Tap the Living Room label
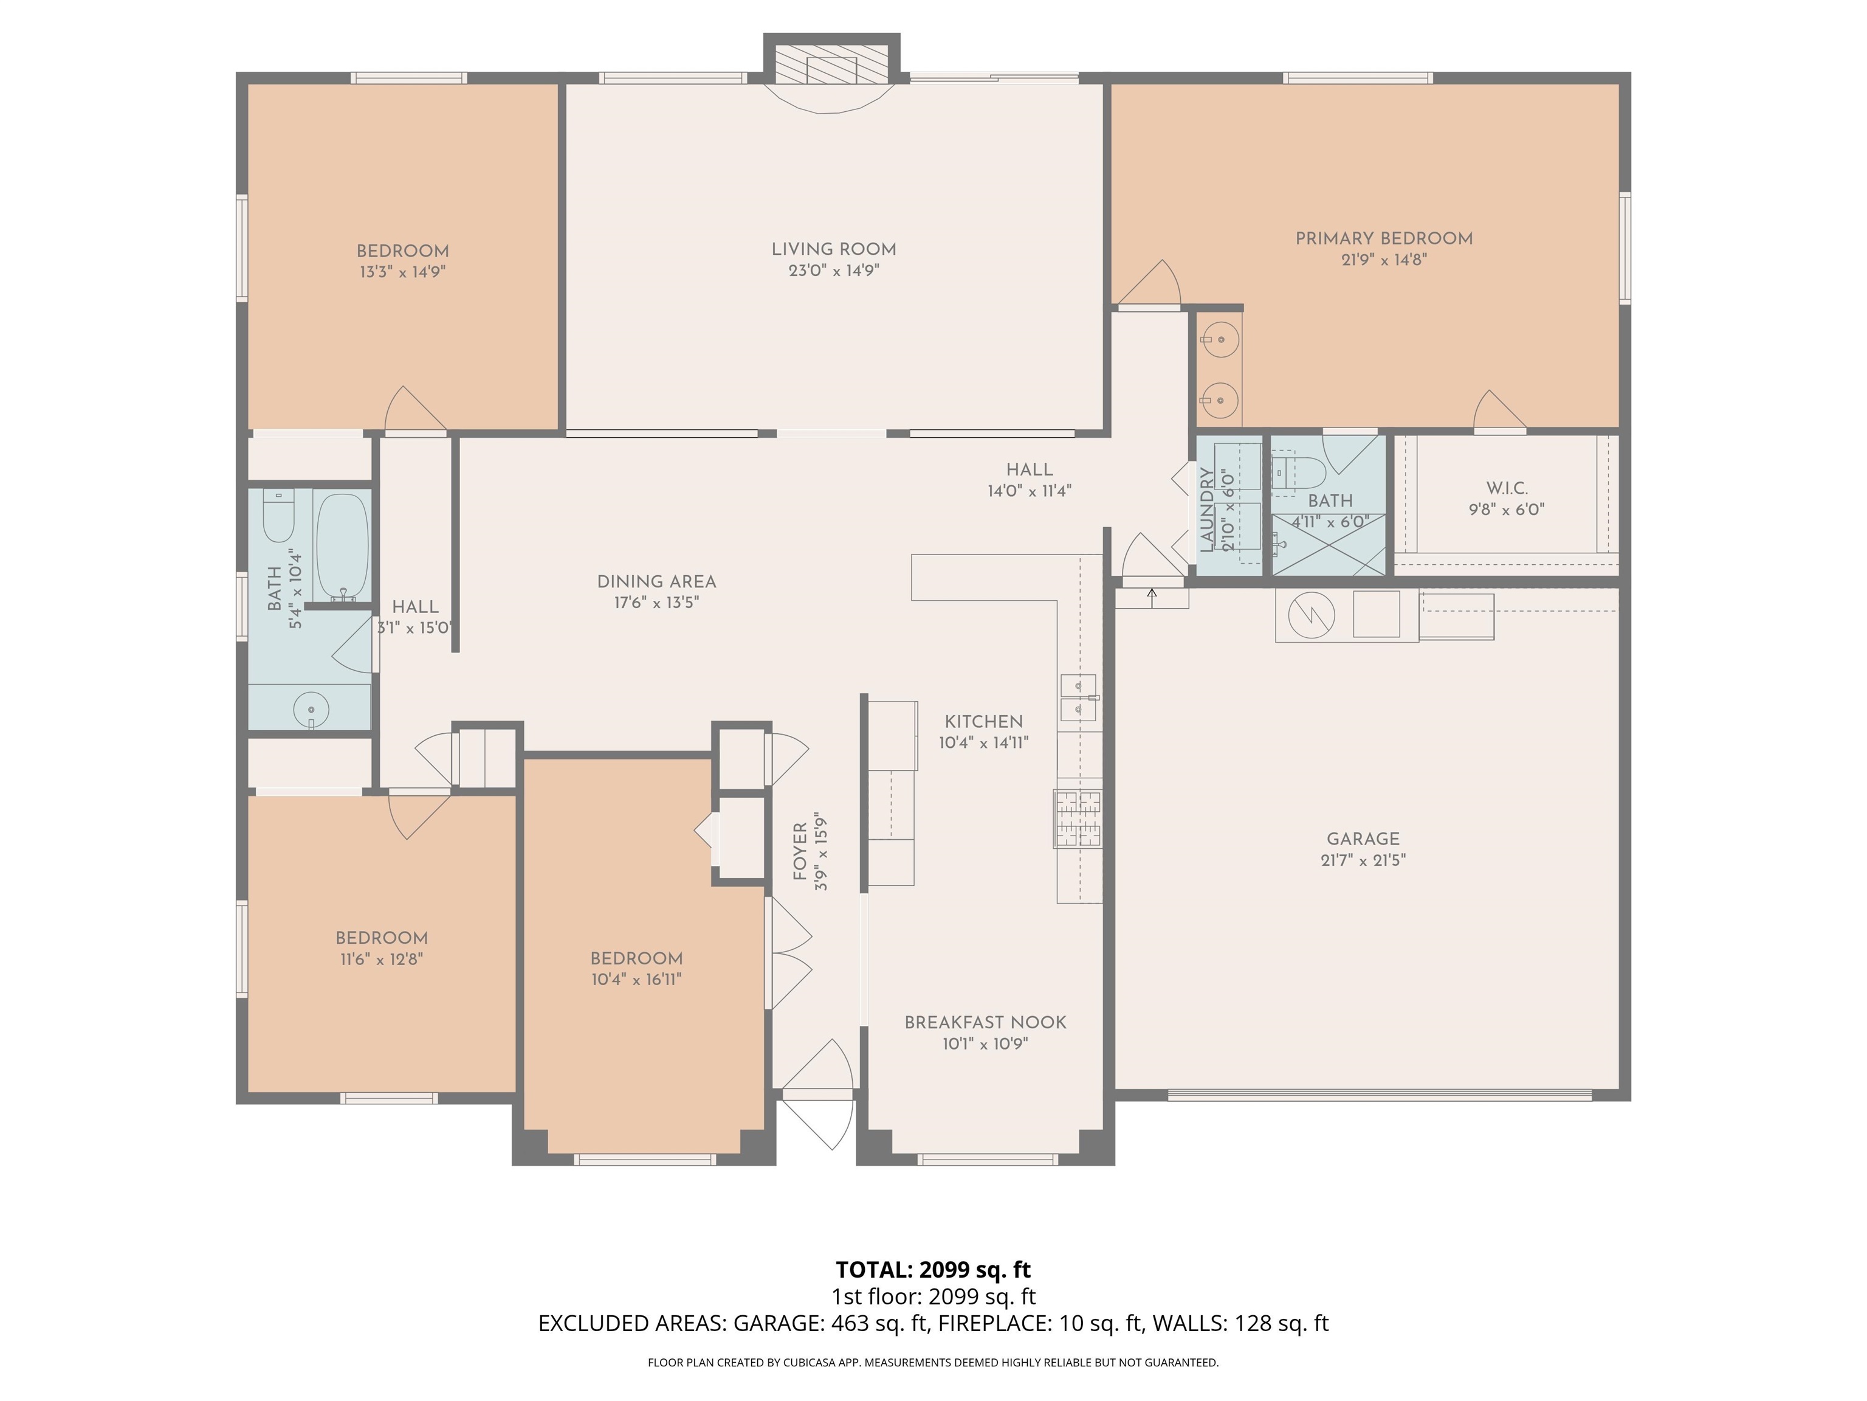click(834, 249)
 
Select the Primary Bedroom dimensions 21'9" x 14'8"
click(1384, 260)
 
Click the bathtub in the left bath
click(342, 545)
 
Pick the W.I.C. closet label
click(1507, 488)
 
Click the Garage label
click(1363, 839)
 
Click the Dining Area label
click(656, 582)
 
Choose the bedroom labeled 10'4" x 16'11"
click(636, 958)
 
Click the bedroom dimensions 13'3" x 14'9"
click(402, 272)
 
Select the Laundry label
click(1207, 511)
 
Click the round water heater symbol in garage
click(1307, 615)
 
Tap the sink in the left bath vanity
click(311, 708)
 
